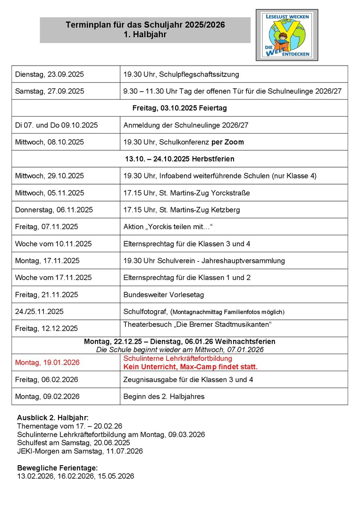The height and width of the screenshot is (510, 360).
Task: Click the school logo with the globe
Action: tap(287, 35)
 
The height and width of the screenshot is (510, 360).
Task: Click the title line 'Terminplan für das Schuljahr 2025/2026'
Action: tap(145, 25)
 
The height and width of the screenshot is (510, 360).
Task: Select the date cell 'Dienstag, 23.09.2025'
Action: tap(50, 74)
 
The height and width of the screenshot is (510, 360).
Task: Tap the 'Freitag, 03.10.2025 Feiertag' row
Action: tap(179, 108)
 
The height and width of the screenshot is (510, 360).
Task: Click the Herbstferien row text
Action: tap(179, 159)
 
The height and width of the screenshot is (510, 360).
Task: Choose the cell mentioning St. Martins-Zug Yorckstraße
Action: tap(186, 193)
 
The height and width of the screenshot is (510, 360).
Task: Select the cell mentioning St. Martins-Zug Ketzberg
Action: tap(181, 210)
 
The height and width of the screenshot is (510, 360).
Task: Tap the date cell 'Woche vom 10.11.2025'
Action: tap(53, 244)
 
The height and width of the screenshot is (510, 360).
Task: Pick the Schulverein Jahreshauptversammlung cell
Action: tap(204, 261)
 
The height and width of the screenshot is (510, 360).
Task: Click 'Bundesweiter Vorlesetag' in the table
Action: tap(163, 295)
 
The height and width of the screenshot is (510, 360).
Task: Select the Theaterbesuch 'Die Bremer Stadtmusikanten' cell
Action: tap(198, 324)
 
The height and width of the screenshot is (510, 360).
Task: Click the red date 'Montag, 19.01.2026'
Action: tap(47, 363)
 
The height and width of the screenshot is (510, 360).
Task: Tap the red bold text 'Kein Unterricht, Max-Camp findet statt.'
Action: tap(190, 366)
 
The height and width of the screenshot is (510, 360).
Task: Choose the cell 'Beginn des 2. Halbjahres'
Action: tap(164, 396)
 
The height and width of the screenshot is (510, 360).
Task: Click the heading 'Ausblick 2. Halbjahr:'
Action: tap(52, 417)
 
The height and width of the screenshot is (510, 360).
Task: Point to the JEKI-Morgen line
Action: tap(79, 451)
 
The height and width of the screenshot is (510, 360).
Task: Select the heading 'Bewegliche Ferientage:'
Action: tap(57, 467)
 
